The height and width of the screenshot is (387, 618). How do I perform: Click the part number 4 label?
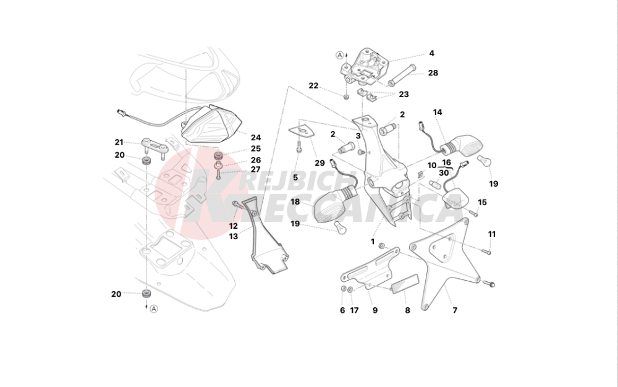click(x=431, y=53)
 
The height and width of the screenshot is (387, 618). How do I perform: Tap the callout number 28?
click(x=433, y=73)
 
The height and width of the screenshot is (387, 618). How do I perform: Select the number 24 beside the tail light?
click(x=255, y=138)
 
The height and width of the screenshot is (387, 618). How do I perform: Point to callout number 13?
click(x=233, y=236)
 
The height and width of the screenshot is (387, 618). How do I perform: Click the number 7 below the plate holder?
click(x=454, y=310)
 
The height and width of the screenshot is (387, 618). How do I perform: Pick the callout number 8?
click(x=407, y=310)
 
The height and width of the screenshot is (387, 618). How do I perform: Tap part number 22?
click(x=313, y=85)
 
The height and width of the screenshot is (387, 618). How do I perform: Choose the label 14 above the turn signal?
click(x=438, y=113)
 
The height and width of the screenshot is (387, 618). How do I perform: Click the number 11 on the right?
click(x=492, y=234)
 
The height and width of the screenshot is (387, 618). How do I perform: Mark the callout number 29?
click(x=319, y=163)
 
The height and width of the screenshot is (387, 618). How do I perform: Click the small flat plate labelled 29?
click(x=302, y=131)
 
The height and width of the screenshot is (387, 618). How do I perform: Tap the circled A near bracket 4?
click(x=340, y=55)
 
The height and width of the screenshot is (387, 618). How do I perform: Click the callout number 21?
click(x=119, y=142)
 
